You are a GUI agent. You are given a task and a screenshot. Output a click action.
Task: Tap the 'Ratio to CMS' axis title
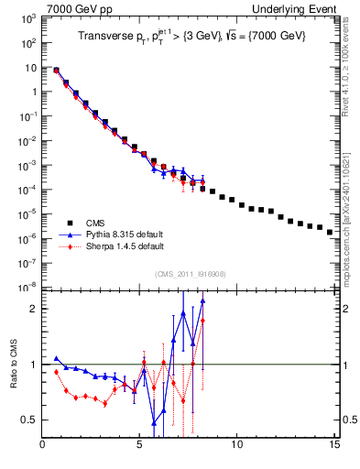(x=14, y=380)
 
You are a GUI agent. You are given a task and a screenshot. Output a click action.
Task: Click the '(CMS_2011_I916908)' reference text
(x=189, y=274)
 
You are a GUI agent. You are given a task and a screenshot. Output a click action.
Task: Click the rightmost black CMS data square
(x=330, y=232)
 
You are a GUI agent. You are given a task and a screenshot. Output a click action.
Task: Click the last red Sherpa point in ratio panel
(x=202, y=321)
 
